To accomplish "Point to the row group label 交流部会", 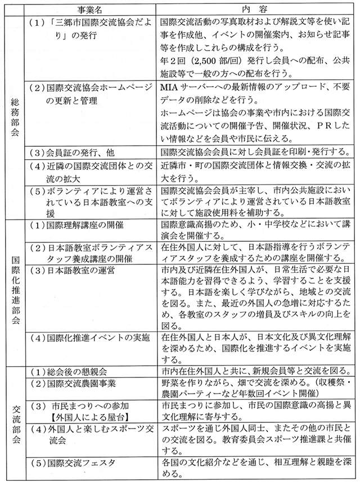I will point(15,421).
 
